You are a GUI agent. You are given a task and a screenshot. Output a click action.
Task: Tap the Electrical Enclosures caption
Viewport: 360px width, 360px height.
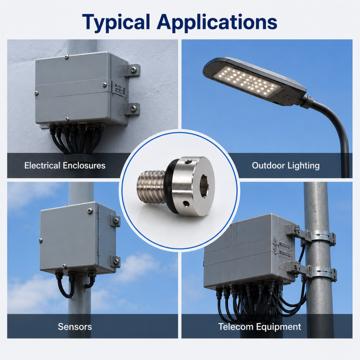click(65, 165)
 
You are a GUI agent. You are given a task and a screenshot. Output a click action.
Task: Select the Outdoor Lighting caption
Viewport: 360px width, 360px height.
click(286, 165)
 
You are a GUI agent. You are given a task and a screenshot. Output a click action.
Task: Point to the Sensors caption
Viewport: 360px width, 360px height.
click(75, 326)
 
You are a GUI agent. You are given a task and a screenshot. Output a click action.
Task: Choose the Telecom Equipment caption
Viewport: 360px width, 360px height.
click(259, 327)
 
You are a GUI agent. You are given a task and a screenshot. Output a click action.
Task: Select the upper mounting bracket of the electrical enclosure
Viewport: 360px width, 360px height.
click(132, 70)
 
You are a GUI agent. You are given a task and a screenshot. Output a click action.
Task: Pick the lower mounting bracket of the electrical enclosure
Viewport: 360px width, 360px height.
click(132, 108)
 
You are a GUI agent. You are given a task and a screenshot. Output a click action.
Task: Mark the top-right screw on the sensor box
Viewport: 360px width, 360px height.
click(90, 210)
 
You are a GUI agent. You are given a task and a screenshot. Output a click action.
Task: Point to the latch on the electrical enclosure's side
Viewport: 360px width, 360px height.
click(119, 89)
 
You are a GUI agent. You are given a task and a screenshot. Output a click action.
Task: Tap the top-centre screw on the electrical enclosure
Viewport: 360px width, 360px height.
click(67, 57)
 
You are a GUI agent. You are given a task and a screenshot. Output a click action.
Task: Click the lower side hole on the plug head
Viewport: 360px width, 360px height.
click(185, 203)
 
